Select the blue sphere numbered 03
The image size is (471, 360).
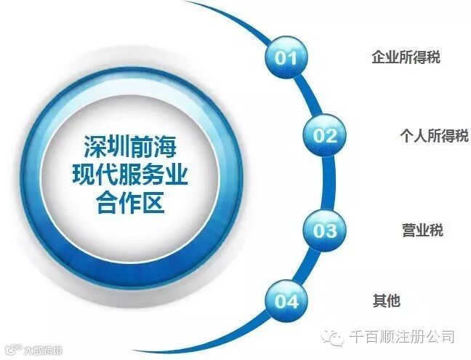[325, 231]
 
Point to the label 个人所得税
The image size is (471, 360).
[434, 135]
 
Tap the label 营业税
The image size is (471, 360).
[422, 231]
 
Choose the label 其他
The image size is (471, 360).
[386, 300]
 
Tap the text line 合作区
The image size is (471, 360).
[128, 204]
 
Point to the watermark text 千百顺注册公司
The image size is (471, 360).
[402, 337]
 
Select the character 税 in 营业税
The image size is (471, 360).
[436, 231]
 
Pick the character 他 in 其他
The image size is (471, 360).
[393, 300]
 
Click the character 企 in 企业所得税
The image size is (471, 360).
[378, 57]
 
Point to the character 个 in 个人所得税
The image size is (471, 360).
[406, 135]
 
